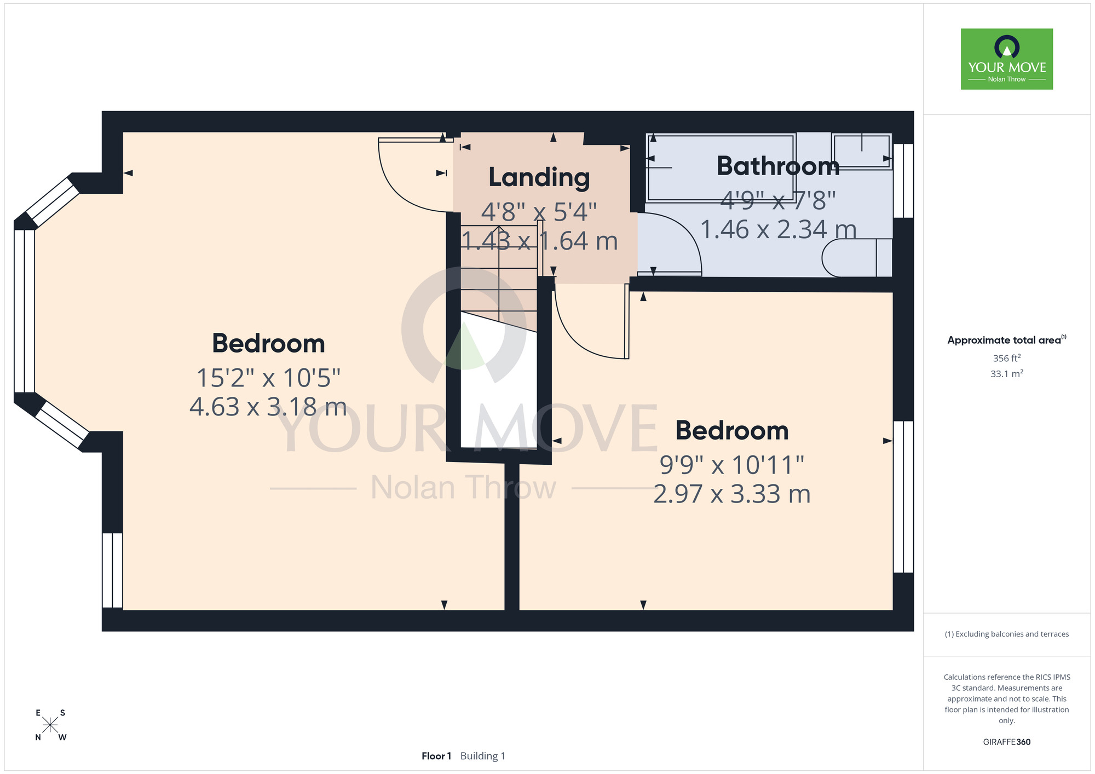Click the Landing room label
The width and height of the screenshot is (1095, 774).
539,177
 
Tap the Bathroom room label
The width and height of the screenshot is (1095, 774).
778,166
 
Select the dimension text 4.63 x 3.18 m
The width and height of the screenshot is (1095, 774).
268,407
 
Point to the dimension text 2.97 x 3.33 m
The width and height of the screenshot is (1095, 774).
732,494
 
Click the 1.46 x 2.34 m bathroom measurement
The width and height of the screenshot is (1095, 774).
778,229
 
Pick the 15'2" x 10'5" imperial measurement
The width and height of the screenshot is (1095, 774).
268,378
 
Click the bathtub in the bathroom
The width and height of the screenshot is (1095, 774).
721,167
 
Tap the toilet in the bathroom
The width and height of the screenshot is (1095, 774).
857,257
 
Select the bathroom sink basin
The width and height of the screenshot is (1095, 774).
862,151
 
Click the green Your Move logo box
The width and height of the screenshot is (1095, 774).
1007,59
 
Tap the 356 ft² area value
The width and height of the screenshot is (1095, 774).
1007,358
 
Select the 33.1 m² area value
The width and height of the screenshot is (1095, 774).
1007,374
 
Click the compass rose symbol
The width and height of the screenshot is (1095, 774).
50,725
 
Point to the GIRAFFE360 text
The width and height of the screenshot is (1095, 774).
1007,742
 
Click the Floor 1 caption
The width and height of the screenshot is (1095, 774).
436,756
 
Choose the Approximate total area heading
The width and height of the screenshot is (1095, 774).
1007,340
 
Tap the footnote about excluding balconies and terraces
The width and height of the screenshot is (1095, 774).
1007,634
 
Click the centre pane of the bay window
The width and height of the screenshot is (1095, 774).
24,311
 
